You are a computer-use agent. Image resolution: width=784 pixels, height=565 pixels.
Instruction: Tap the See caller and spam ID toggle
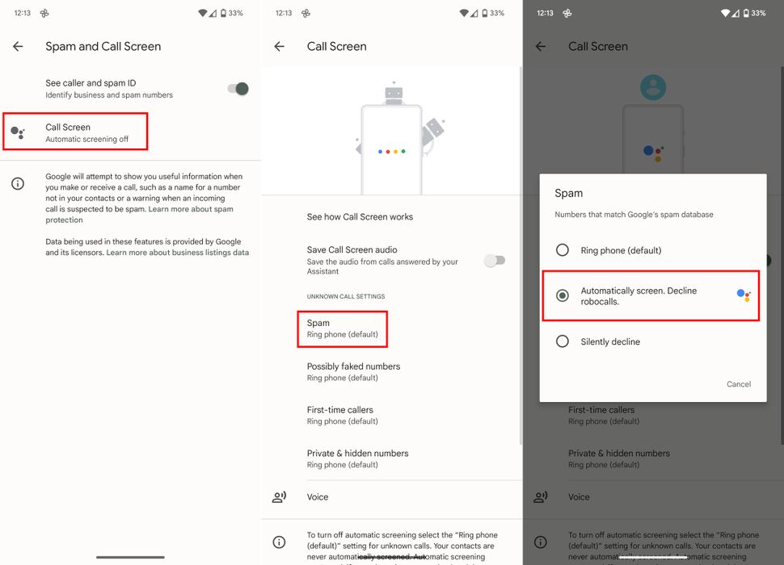[238, 89]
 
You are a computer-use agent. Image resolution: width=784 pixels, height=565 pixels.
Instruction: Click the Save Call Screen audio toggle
[495, 260]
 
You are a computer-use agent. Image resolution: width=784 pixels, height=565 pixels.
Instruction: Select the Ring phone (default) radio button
[563, 250]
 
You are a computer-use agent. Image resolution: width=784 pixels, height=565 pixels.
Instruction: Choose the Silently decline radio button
[563, 341]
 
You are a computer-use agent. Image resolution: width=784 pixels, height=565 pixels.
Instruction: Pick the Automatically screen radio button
[563, 295]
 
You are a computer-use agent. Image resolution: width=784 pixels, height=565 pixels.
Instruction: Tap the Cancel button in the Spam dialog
[739, 384]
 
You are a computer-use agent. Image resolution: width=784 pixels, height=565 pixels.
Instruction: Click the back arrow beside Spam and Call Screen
[18, 47]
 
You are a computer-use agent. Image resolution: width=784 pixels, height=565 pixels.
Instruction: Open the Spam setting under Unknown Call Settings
[342, 329]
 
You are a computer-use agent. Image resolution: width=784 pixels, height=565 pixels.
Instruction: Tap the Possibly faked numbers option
[353, 371]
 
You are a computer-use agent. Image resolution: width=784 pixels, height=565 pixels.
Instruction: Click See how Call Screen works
[360, 217]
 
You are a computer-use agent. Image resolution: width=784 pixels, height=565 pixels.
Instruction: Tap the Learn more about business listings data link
[178, 253]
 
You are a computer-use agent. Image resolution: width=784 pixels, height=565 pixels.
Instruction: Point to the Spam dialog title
[569, 194]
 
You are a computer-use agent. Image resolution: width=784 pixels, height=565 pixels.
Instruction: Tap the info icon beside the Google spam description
[18, 184]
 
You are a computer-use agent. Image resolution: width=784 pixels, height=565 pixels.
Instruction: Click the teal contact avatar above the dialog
[653, 88]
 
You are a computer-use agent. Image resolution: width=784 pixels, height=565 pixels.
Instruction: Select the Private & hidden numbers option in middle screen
[357, 458]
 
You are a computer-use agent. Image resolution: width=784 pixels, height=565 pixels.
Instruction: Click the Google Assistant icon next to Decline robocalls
[744, 295]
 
